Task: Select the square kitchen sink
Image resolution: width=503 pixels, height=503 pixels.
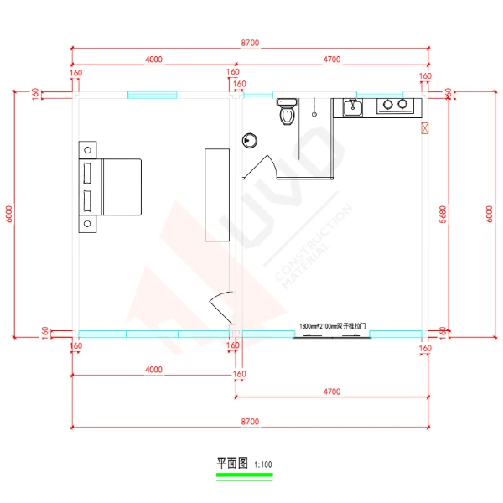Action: coord(352,106)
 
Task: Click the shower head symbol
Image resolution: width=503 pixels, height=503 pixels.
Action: coord(315,109)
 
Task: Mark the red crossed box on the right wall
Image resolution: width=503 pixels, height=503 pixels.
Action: coord(424,128)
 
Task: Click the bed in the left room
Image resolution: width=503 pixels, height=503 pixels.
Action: coord(114,186)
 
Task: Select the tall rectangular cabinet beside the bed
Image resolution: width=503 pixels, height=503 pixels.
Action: coord(216,194)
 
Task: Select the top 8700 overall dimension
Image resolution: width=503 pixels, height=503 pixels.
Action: coord(249,42)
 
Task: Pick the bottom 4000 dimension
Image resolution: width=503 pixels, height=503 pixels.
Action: coord(153,369)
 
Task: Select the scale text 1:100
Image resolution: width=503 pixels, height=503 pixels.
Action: coord(262,464)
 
